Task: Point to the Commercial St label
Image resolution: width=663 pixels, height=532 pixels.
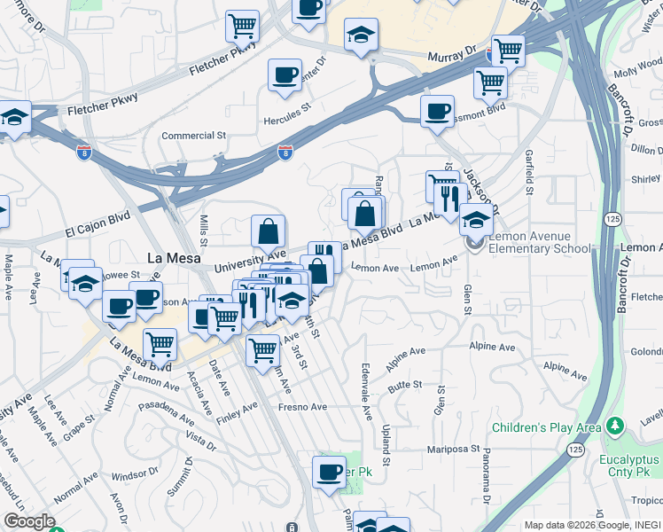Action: coord(193,136)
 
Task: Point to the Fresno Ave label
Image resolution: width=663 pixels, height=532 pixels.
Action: coord(302,407)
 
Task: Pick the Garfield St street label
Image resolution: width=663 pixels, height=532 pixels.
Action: coord(528,172)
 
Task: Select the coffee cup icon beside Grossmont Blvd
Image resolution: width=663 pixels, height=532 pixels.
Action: coord(437,112)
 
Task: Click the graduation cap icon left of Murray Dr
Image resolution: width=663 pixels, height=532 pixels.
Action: coord(361,36)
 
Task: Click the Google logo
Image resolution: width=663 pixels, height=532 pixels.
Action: coord(28,521)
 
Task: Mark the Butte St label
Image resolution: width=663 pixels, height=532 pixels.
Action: coord(404,385)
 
